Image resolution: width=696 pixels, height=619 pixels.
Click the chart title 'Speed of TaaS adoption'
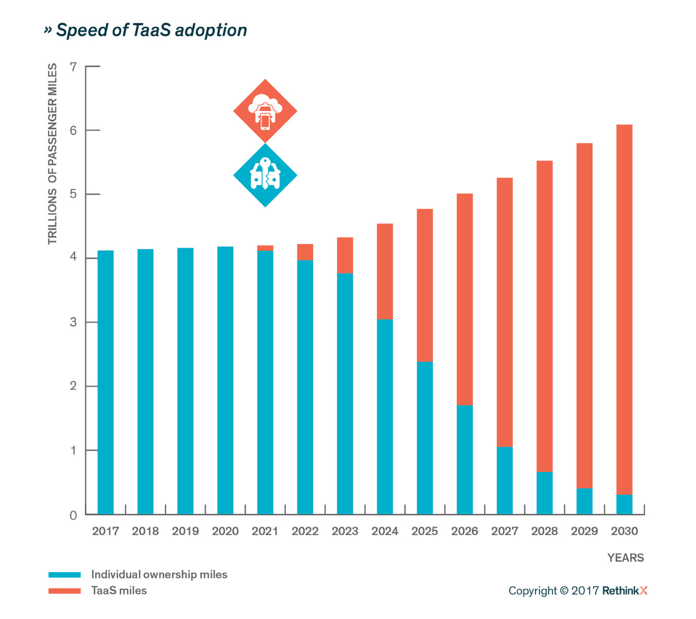click(x=145, y=30)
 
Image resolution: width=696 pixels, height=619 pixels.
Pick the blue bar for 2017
click(x=106, y=382)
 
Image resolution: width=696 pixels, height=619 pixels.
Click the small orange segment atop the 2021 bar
click(x=265, y=248)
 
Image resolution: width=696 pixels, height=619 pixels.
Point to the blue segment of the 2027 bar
click(x=504, y=480)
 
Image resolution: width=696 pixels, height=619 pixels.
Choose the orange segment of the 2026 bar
click(x=465, y=299)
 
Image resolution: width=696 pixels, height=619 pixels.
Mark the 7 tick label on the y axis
click(x=73, y=67)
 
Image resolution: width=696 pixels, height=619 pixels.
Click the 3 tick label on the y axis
click(x=73, y=322)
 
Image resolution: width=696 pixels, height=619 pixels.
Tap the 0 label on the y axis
click(x=73, y=515)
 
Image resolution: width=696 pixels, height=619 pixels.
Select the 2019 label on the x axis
click(x=185, y=531)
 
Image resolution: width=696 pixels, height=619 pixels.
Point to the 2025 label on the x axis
click(x=424, y=531)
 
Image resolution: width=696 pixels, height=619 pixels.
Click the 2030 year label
click(x=624, y=531)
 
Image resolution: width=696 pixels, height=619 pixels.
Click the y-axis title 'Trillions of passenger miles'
click(x=53, y=154)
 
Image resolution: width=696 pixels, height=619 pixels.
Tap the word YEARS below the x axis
click(x=625, y=557)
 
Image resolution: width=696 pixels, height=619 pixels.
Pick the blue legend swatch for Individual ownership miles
click(x=64, y=574)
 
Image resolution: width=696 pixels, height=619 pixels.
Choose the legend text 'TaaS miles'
click(x=119, y=590)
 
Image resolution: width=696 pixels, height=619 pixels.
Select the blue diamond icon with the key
click(x=265, y=175)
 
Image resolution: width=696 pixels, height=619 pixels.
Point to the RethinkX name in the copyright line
click(x=624, y=590)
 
